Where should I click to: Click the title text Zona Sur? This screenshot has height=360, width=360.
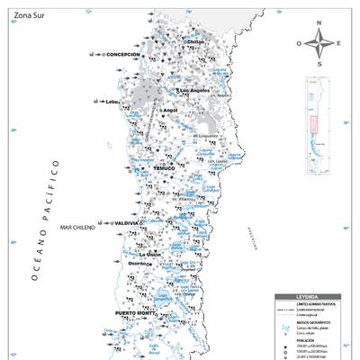pyautogui.click(x=30, y=15)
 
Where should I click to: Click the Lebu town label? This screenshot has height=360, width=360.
pyautogui.click(x=112, y=102)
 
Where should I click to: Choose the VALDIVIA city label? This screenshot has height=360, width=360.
pyautogui.click(x=126, y=222)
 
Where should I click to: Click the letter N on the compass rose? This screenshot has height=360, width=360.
pyautogui.click(x=319, y=24)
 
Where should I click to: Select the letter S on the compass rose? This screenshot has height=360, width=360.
pyautogui.click(x=319, y=60)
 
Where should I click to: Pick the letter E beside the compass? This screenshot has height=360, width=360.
pyautogui.click(x=337, y=43)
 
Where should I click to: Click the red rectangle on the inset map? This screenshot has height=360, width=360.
pyautogui.click(x=314, y=125)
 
